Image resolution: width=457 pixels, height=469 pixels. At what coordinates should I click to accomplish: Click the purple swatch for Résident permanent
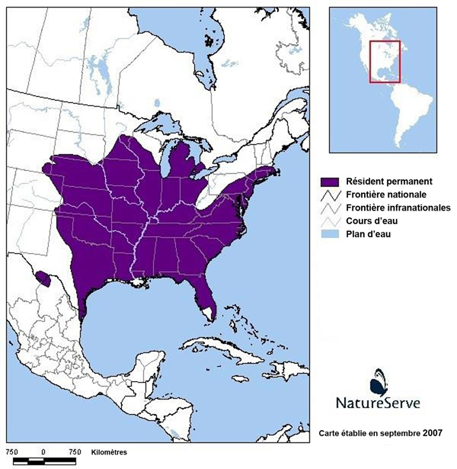coord(329,182)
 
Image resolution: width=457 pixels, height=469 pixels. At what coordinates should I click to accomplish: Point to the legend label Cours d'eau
coord(371,220)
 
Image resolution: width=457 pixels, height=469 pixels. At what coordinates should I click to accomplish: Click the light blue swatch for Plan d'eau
coord(329,234)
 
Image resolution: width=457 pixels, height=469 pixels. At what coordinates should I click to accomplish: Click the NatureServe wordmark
coord(379,401)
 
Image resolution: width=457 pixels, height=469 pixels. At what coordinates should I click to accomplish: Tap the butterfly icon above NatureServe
coord(379,379)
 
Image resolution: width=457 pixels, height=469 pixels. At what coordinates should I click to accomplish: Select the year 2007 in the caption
coord(433,433)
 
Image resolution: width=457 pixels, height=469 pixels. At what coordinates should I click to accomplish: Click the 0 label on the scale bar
coord(43,452)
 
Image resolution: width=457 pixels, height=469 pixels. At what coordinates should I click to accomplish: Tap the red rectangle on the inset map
coord(385,61)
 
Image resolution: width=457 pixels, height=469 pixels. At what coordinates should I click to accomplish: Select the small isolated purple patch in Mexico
coord(45,279)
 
